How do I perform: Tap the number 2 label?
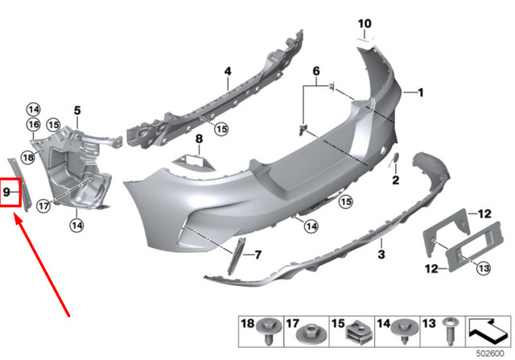coord(395,179)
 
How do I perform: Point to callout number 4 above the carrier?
coord(228,72)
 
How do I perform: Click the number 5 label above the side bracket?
coord(78,110)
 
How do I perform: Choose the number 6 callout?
coord(316,72)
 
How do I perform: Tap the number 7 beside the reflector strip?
coord(257,255)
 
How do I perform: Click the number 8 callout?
coord(200,139)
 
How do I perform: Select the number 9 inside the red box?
coord(8,192)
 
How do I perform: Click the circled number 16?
coord(33,124)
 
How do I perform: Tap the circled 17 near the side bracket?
coord(43,205)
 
